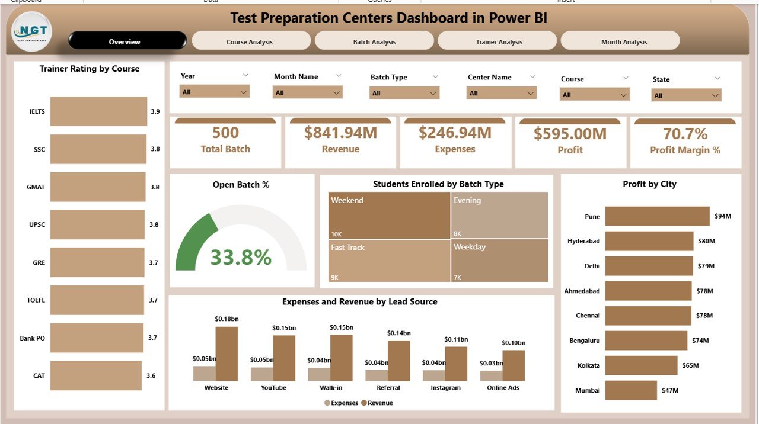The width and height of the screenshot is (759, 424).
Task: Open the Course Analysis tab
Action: click(250, 42)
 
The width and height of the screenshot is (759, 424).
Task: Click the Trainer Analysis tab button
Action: click(499, 42)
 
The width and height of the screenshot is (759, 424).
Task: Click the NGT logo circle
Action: click(32, 31)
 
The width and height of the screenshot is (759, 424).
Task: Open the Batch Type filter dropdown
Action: click(404, 93)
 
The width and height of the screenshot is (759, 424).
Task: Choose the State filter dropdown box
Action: click(686, 95)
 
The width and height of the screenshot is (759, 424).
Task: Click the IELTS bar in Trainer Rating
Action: click(98, 111)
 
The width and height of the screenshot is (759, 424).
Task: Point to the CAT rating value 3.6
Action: click(151, 375)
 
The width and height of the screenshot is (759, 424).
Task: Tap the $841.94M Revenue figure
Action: click(340, 133)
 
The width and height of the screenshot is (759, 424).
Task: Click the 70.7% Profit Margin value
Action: click(685, 134)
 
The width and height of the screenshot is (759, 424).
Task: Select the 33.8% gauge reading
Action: click(241, 257)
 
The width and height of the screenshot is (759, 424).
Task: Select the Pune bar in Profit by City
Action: click(657, 216)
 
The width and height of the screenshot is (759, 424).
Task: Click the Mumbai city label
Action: click(587, 390)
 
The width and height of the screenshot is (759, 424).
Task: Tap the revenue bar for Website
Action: click(227, 354)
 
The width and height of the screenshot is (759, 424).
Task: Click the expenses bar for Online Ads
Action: click(492, 375)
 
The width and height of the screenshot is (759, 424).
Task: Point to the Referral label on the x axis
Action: click(388, 388)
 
